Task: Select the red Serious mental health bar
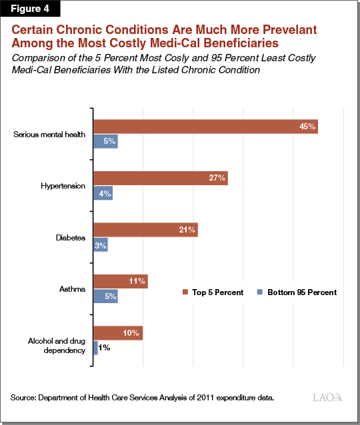click(x=205, y=127)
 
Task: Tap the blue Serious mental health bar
click(x=105, y=141)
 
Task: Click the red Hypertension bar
click(x=160, y=178)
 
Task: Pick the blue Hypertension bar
click(x=103, y=193)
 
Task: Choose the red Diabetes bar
click(x=145, y=230)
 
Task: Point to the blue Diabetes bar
click(x=101, y=244)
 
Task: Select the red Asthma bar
click(x=120, y=282)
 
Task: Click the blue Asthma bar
click(x=105, y=296)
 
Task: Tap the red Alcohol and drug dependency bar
click(x=118, y=333)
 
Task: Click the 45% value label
click(x=308, y=127)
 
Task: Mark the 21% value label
click(x=187, y=230)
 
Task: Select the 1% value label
click(x=104, y=348)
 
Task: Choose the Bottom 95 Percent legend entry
click(x=297, y=292)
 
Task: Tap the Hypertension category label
click(x=63, y=186)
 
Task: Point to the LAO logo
click(x=327, y=398)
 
